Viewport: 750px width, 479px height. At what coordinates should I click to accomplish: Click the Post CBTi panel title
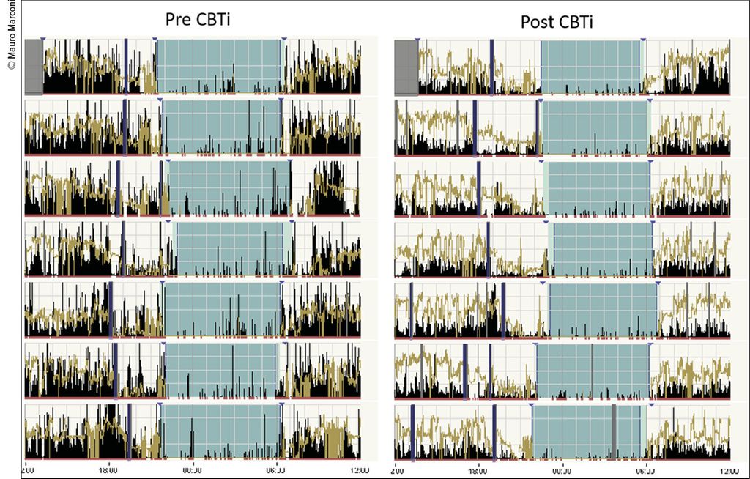pos(557,22)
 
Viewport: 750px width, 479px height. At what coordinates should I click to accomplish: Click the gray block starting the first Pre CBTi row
pos(34,67)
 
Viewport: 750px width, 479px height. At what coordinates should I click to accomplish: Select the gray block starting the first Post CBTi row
pos(406,67)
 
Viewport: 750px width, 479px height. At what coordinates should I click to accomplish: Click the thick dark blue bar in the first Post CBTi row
pos(491,67)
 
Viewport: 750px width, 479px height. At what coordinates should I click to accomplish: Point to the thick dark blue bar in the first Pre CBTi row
pos(126,67)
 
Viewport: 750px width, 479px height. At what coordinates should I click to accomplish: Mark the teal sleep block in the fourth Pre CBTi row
pos(229,249)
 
